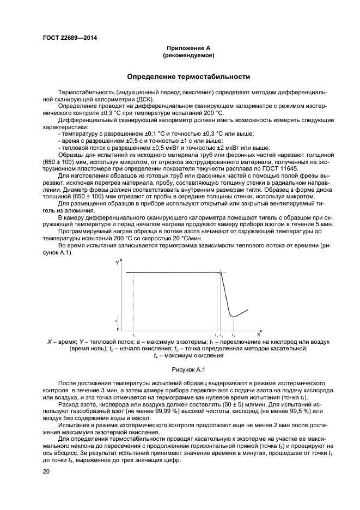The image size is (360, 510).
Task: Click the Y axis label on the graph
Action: pyautogui.click(x=118, y=263)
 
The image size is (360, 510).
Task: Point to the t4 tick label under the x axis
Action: pyautogui.click(x=234, y=334)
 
